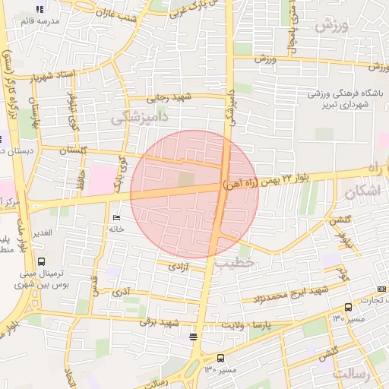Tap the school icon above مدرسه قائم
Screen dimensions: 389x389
[x=40, y=9]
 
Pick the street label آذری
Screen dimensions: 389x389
[x=121, y=292]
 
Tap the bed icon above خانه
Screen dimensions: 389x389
[x=117, y=217]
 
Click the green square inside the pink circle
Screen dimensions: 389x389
[x=186, y=179]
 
